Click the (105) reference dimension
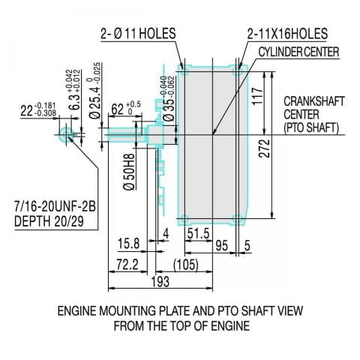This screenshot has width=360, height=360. (x=184, y=264)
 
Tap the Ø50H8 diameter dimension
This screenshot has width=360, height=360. (x=130, y=174)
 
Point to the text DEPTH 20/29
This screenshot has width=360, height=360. (x=49, y=222)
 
